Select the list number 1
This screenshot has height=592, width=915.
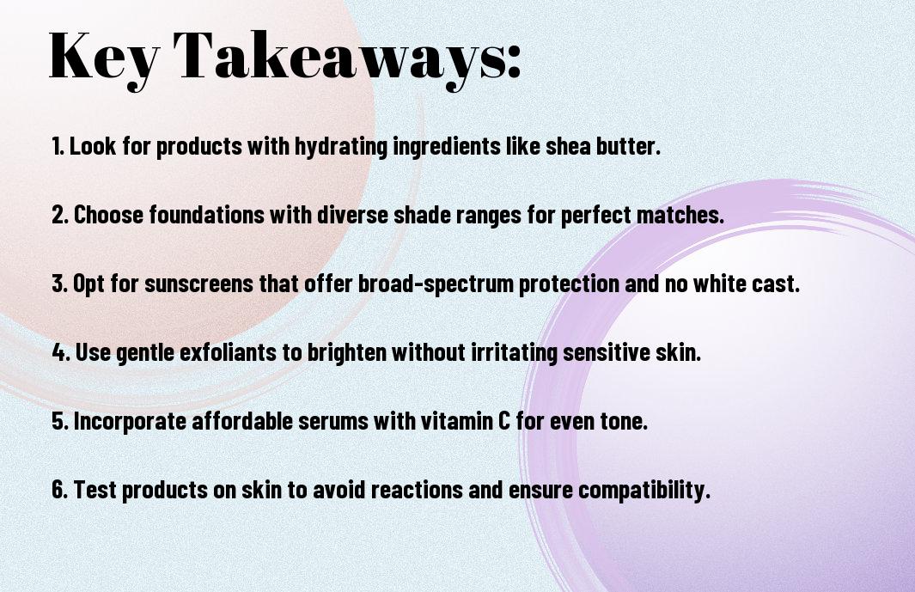point(57,146)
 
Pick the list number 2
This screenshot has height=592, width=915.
point(59,215)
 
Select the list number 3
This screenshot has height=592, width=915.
point(59,284)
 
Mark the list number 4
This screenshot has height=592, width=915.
point(61,352)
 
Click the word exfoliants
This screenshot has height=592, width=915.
point(228,352)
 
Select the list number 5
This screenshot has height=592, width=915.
point(60,421)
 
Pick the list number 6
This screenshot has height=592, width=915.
point(60,490)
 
